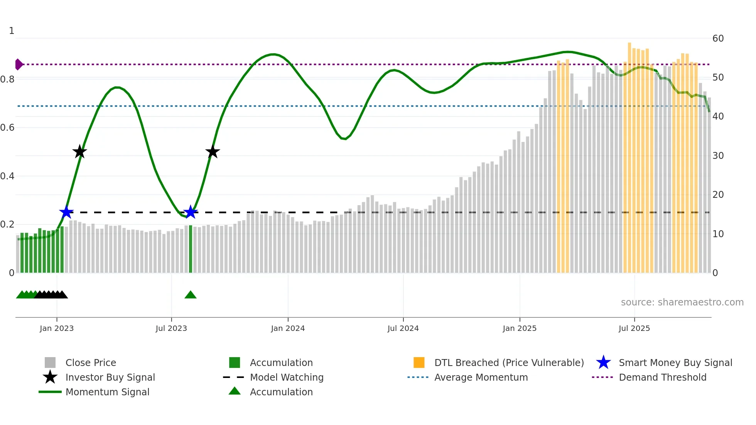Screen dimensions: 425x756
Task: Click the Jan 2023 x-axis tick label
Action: [57, 328]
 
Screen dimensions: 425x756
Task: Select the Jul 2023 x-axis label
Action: [171, 328]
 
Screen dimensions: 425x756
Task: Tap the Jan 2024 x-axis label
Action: [288, 328]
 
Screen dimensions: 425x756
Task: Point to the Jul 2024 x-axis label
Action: [403, 328]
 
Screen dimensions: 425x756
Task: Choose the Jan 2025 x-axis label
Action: [520, 328]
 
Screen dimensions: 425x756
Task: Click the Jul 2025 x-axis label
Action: [634, 328]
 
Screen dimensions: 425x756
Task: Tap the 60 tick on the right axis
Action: [718, 39]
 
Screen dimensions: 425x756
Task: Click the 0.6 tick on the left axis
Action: [7, 128]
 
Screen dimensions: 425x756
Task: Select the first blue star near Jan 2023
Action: [66, 212]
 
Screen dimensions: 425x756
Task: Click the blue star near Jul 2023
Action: [191, 212]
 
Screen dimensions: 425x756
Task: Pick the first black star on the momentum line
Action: [79, 152]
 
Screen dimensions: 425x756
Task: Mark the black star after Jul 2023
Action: [213, 152]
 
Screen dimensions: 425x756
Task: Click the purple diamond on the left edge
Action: [19, 64]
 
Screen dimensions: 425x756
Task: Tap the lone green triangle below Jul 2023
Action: [191, 295]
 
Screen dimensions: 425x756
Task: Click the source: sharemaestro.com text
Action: [682, 302]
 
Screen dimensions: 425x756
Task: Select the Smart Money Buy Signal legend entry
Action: [675, 363]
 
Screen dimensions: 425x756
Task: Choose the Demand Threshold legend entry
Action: [662, 377]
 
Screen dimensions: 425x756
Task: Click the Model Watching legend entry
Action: [286, 377]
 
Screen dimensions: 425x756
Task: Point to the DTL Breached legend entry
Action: [509, 363]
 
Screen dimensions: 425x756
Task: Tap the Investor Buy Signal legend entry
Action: [110, 377]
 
